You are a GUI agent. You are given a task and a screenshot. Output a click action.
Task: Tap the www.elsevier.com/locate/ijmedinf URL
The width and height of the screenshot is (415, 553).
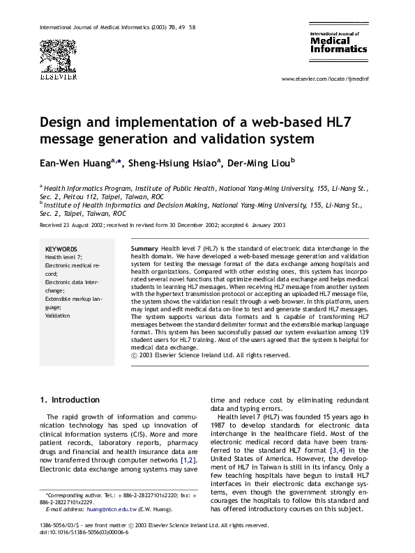(x=324, y=80)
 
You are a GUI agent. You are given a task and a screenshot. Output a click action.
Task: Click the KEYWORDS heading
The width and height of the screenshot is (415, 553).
(x=61, y=249)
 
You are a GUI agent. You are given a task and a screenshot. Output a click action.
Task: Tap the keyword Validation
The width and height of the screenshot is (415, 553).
(x=59, y=316)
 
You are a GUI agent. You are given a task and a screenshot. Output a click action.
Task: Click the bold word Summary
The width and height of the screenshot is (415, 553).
(x=144, y=248)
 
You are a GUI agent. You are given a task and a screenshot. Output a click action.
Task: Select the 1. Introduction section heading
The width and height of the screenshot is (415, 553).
(x=70, y=400)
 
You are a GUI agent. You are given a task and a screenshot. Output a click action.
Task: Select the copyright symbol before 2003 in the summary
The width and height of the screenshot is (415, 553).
(x=134, y=355)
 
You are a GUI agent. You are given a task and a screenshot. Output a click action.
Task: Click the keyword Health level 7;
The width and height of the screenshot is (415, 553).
(x=63, y=257)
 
